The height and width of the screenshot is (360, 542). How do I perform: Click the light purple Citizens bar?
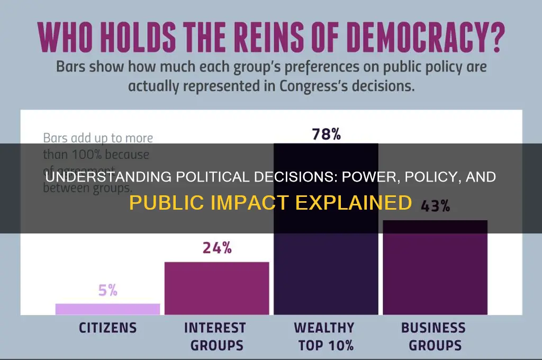coord(107,309)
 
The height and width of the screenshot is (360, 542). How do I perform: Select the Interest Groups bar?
coord(216,289)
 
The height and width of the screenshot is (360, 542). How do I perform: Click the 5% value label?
coord(107,290)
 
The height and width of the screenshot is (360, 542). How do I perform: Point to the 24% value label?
coord(216,248)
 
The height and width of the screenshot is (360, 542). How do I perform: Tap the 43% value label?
coord(435,206)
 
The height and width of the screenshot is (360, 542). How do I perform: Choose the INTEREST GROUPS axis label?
coord(215,337)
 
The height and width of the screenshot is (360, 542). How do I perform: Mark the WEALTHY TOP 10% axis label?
coord(325,337)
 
